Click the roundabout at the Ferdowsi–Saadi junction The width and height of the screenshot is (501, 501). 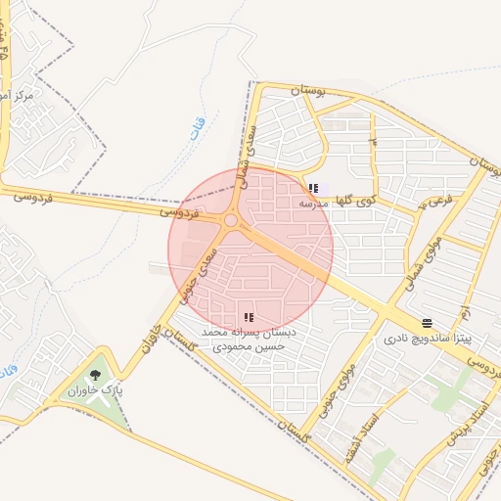tap(231, 221)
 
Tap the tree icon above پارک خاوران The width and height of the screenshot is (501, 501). tap(95, 375)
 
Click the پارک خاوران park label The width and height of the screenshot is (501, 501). tap(96, 391)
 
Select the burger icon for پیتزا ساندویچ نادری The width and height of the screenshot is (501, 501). tap(427, 323)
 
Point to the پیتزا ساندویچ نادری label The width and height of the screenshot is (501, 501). tap(427, 339)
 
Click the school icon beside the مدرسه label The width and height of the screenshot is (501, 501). tap(313, 189)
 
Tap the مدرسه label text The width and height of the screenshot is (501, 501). tap(313, 204)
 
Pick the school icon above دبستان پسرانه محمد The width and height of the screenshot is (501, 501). tap(248, 316)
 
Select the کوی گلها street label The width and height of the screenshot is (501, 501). tap(355, 200)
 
